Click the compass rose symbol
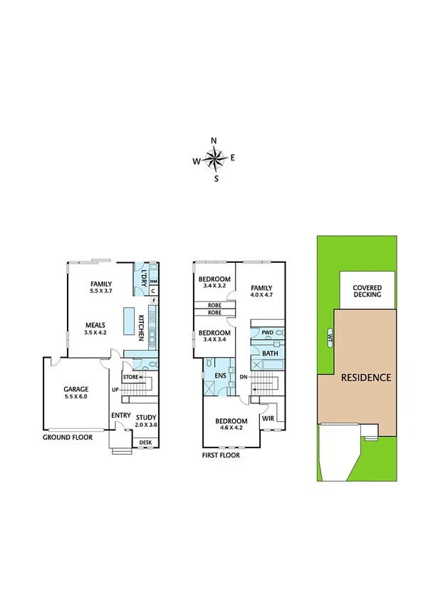(214, 159)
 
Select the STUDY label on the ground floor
(145, 418)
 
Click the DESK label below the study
(145, 443)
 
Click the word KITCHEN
(142, 327)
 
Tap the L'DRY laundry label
(142, 275)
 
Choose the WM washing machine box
(153, 282)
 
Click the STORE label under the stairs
(130, 376)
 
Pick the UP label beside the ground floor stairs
(115, 389)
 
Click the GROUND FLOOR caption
(68, 437)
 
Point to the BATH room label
(270, 353)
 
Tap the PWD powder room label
(268, 333)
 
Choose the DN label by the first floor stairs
(243, 376)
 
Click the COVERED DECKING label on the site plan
(367, 291)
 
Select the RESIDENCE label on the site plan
(365, 377)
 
